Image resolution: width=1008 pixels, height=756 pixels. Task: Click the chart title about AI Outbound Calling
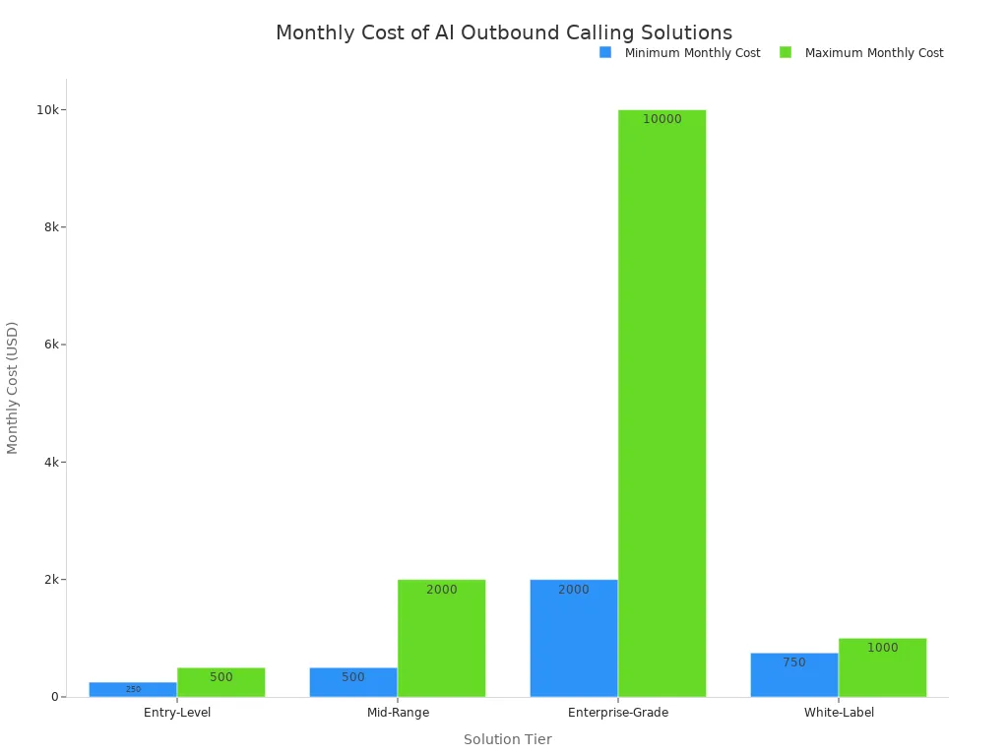point(503,33)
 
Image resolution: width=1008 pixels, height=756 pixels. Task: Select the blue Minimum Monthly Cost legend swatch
point(605,52)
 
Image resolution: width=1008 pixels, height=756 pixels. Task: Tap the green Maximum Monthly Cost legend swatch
point(786,52)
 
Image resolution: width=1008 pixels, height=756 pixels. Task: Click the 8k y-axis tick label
point(51,227)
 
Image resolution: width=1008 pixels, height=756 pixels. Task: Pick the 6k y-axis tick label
point(51,345)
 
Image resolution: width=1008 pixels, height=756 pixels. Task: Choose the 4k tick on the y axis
point(51,462)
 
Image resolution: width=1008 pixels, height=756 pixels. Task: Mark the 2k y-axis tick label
point(51,580)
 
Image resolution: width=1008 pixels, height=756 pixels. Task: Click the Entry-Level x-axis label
point(177,713)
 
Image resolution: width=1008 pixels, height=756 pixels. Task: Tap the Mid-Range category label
point(398,713)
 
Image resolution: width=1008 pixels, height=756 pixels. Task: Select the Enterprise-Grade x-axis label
point(618,713)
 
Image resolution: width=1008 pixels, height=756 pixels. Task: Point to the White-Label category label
point(839,713)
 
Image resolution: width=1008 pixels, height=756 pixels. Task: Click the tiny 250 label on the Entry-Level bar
point(133,689)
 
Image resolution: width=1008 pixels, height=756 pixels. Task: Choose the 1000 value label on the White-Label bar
point(882,648)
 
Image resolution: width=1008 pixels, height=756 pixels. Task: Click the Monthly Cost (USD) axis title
point(13,388)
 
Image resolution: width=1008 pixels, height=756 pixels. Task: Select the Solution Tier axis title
point(507,739)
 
